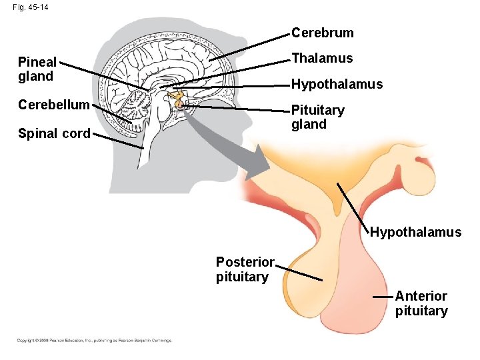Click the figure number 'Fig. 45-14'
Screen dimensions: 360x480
tap(30, 8)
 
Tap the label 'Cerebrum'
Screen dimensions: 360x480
tap(323, 33)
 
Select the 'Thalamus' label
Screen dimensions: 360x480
tap(322, 58)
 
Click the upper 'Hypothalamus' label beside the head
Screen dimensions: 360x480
tap(337, 84)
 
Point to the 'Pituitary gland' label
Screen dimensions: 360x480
tap(317, 117)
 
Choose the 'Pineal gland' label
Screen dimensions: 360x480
tap(37, 69)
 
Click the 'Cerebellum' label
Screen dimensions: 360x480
tap(54, 105)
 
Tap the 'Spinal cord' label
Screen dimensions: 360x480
tap(54, 133)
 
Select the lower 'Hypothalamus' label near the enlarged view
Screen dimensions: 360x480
tap(415, 232)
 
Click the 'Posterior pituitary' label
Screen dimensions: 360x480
tap(245, 269)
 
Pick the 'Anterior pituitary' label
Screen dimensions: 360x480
tap(421, 303)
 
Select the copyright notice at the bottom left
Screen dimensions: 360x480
tap(94, 341)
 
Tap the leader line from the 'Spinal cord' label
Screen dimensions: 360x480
tap(117, 141)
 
